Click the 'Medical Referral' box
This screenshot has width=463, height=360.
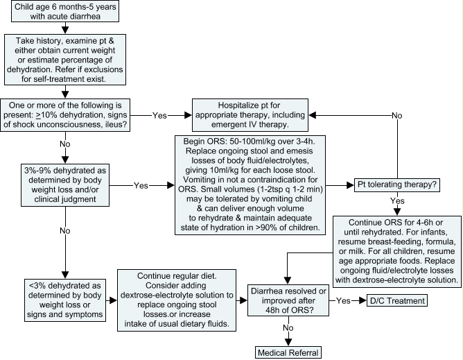pos(288,352)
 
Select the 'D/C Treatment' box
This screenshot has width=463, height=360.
pos(397,300)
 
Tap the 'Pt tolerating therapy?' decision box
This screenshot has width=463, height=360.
pos(397,185)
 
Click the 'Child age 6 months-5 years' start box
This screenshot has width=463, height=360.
pos(65,12)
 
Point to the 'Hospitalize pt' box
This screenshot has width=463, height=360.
pos(250,115)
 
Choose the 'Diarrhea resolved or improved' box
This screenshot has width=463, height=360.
pos(288,300)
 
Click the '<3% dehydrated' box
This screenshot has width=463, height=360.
pos(65,300)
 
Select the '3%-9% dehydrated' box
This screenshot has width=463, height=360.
pos(65,185)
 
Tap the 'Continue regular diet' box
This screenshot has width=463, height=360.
pos(177,300)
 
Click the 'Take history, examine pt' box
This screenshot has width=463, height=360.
pos(65,60)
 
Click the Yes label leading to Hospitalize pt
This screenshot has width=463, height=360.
pos(159,116)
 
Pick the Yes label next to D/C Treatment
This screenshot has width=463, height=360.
pos(343,301)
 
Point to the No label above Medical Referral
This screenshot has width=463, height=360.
pos(288,328)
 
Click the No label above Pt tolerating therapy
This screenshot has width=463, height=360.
pos(397,116)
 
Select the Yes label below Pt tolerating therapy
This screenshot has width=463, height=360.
pos(397,201)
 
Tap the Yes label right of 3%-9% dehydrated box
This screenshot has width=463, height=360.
pos(141,186)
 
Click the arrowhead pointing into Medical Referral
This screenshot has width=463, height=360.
pos(288,342)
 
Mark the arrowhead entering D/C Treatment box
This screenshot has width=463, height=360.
pos(363,300)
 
